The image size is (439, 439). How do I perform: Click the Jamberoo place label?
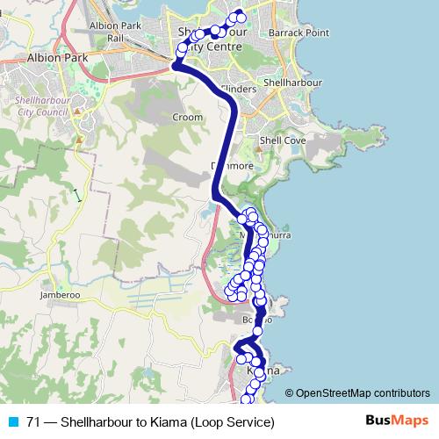pyautogui.click(x=60, y=296)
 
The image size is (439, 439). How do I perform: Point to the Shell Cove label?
pyautogui.click(x=283, y=140)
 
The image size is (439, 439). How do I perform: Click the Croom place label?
pyautogui.click(x=187, y=117)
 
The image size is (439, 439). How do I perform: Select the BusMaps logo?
pyautogui.click(x=397, y=421)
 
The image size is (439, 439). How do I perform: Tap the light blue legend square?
pyautogui.click(x=13, y=421)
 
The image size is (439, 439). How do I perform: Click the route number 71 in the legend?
pyautogui.click(x=33, y=421)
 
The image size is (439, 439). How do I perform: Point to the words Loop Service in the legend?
pyautogui.click(x=234, y=421)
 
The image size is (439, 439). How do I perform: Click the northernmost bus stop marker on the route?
pyautogui.click(x=238, y=13)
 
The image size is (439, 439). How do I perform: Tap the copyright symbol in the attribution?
pyautogui.click(x=291, y=393)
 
